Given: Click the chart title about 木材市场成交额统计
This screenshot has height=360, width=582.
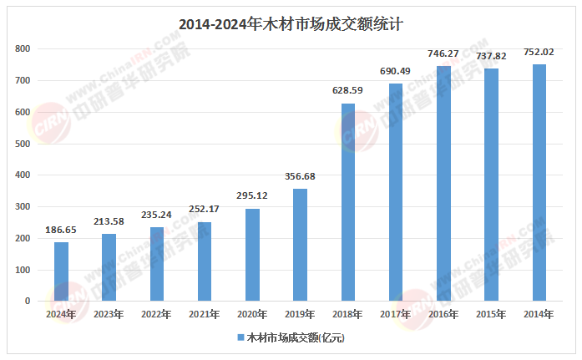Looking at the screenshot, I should coord(291,24).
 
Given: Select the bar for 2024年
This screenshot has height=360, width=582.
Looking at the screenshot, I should coord(61,271).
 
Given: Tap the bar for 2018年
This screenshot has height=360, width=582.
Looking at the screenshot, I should coord(348,202).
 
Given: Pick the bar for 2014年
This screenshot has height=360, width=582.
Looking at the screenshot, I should coord(539,183).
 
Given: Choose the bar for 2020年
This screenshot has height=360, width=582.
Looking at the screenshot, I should coord(252,255).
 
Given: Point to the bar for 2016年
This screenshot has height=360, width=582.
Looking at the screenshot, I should coord(443,184).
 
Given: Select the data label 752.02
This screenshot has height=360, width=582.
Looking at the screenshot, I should coord(539,53).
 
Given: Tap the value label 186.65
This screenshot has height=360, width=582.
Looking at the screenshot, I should coord(61,231).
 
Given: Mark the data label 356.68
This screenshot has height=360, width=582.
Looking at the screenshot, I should coord(300,177).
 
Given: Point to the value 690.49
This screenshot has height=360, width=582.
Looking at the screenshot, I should coord(396,72).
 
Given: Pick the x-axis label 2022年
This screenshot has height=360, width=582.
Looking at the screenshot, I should coord(156,314).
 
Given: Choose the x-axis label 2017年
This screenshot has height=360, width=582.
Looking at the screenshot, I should coord(396,314).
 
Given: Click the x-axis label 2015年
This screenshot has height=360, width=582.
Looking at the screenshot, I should coord(491,314).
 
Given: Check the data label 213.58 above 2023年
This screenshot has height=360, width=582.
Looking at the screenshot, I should coord(109,222).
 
